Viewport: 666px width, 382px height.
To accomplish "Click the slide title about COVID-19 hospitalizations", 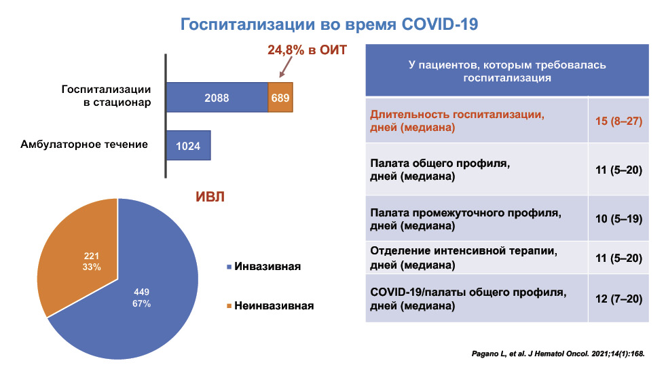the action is tap(329, 24).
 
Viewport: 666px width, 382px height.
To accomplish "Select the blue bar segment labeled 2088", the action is tap(217, 97).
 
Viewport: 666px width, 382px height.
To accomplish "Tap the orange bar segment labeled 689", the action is tap(280, 97).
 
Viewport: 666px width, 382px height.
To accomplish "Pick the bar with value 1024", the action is tap(188, 145).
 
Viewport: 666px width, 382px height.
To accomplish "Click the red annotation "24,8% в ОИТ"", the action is tap(307, 50).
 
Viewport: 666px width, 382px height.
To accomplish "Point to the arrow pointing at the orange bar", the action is tap(286, 67).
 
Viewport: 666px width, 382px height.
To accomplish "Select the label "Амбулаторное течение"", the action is tap(84, 145).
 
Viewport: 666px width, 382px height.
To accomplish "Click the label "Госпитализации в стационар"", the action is tap(106, 96).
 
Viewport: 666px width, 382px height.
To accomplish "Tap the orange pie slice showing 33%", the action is tap(81, 254).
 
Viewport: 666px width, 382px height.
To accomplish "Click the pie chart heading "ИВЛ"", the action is tap(210, 197).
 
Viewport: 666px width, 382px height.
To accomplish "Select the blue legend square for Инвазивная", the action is tap(229, 267).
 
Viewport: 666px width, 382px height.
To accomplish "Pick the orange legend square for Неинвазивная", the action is tap(229, 306).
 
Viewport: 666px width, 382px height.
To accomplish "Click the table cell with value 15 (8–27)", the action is tap(618, 121).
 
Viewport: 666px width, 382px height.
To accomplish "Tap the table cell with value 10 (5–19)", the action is tap(618, 218).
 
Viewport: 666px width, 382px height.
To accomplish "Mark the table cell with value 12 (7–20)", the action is tap(618, 299).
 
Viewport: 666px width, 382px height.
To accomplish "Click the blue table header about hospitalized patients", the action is tap(507, 71).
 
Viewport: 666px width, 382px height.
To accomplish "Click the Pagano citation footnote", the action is tap(558, 354).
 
